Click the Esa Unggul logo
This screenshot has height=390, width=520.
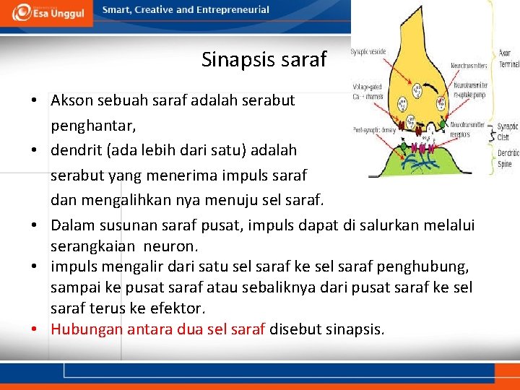click(x=46, y=13)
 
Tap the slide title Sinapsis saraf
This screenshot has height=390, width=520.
click(x=264, y=59)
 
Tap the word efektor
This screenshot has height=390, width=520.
click(x=180, y=308)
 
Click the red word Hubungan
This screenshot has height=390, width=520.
click(x=87, y=329)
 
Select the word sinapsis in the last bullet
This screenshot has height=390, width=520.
click(x=354, y=329)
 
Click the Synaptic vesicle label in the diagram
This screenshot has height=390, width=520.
click(x=369, y=52)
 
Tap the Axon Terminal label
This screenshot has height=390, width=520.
click(x=508, y=58)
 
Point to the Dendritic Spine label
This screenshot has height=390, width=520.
click(x=508, y=158)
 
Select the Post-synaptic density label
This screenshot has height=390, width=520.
click(x=373, y=130)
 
